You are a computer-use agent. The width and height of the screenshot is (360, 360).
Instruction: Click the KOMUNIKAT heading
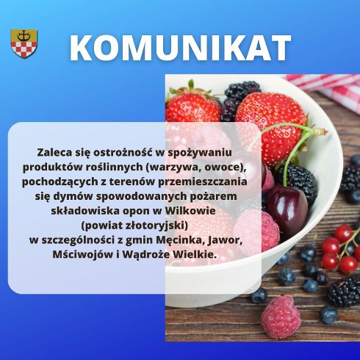pyautogui.click(x=180, y=47)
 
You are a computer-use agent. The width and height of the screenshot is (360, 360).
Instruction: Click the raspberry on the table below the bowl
pyautogui.click(x=281, y=316)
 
